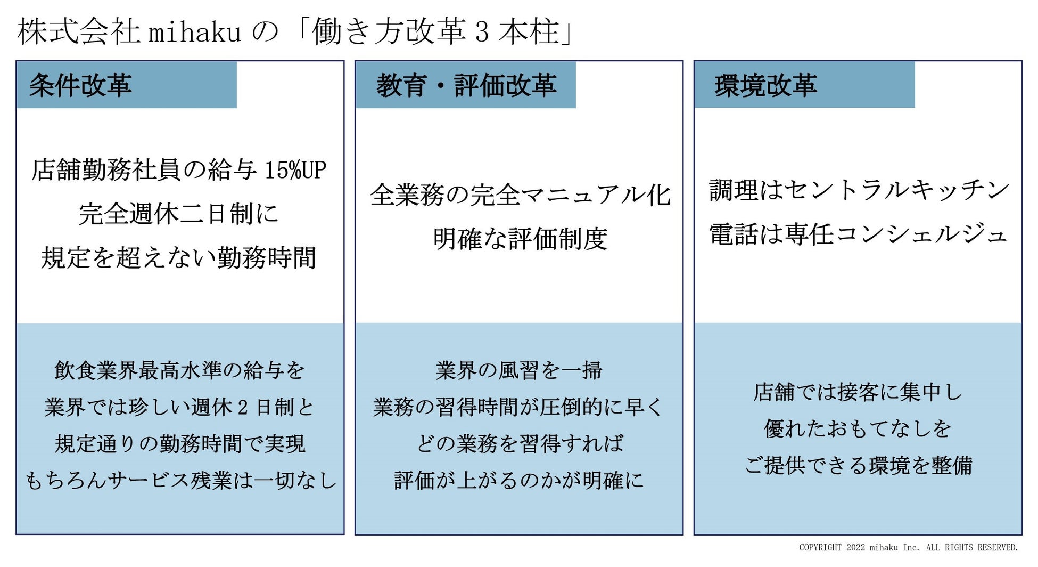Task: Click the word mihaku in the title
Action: pos(195,32)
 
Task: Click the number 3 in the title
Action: pos(481,32)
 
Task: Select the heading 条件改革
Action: pos(80,85)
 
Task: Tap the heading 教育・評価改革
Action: pos(466,85)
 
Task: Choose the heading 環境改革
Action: pos(765,85)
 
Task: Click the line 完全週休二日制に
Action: pos(179,214)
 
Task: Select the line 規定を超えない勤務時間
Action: pos(179,258)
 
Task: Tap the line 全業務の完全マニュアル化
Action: pos(520,195)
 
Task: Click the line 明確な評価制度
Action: pos(520,239)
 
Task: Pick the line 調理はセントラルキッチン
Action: pos(858,190)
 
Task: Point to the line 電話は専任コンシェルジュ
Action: pos(858,234)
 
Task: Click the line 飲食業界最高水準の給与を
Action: pos(179,370)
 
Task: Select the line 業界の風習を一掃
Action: pos(519,370)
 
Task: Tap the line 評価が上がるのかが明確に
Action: pos(519,481)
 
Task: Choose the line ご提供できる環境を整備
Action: pos(858,466)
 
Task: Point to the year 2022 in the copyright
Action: pos(855,547)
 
